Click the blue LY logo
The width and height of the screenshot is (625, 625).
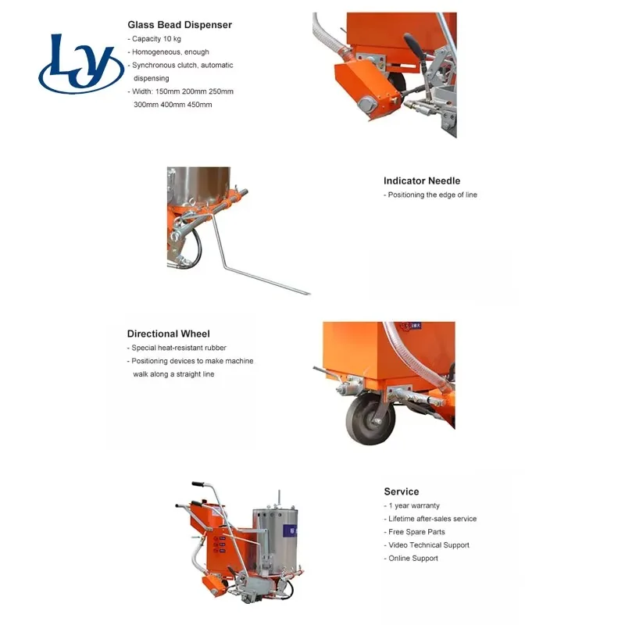click(81, 64)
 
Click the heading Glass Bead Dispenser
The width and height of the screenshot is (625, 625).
click(180, 25)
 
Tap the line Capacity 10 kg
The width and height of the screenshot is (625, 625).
click(154, 38)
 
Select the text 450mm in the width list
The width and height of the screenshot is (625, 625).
click(200, 105)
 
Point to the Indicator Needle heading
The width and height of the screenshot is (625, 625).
click(422, 180)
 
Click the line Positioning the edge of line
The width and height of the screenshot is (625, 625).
click(430, 195)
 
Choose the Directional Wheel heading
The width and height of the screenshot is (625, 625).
click(168, 334)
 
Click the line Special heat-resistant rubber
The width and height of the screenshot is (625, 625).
click(177, 348)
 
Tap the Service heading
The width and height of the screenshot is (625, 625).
click(402, 491)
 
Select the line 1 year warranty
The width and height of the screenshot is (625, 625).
click(412, 505)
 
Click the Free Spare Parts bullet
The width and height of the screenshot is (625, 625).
click(414, 532)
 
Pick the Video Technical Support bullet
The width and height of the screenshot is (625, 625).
click(427, 545)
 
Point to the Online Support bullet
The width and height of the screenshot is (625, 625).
click(411, 558)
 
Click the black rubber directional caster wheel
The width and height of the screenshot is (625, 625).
click(370, 420)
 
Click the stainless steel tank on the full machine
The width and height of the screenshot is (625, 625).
click(275, 538)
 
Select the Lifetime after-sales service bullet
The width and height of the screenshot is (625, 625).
click(430, 519)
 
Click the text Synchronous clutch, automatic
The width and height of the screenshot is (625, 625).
click(180, 65)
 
